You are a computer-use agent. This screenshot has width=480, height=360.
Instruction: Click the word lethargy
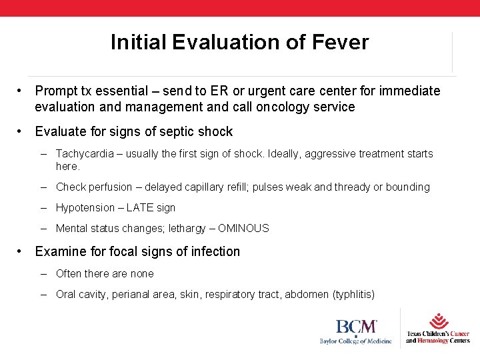tap(189, 228)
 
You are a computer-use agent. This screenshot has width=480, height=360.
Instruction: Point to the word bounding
tap(407, 187)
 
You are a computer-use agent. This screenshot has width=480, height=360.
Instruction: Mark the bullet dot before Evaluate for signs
tap(22, 131)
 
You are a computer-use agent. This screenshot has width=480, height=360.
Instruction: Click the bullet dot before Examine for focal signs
tap(22, 251)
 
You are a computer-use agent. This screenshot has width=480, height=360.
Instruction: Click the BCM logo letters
tap(356, 327)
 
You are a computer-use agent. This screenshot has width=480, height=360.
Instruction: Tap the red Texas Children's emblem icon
tap(438, 321)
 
